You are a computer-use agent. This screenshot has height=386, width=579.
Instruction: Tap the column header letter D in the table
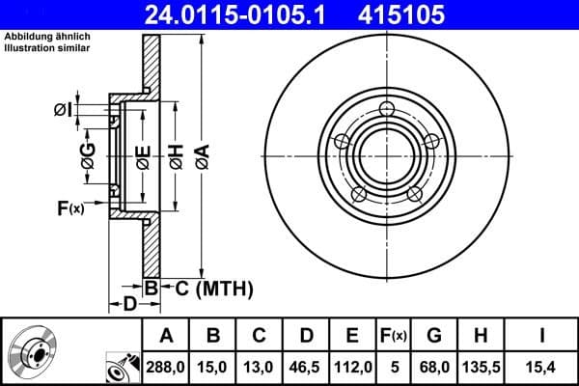point(306,336)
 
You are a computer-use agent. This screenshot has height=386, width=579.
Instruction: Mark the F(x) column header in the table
point(393,336)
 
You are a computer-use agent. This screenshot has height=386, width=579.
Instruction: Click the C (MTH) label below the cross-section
point(213,288)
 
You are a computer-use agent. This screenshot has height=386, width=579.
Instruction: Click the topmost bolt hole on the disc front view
point(388,108)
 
